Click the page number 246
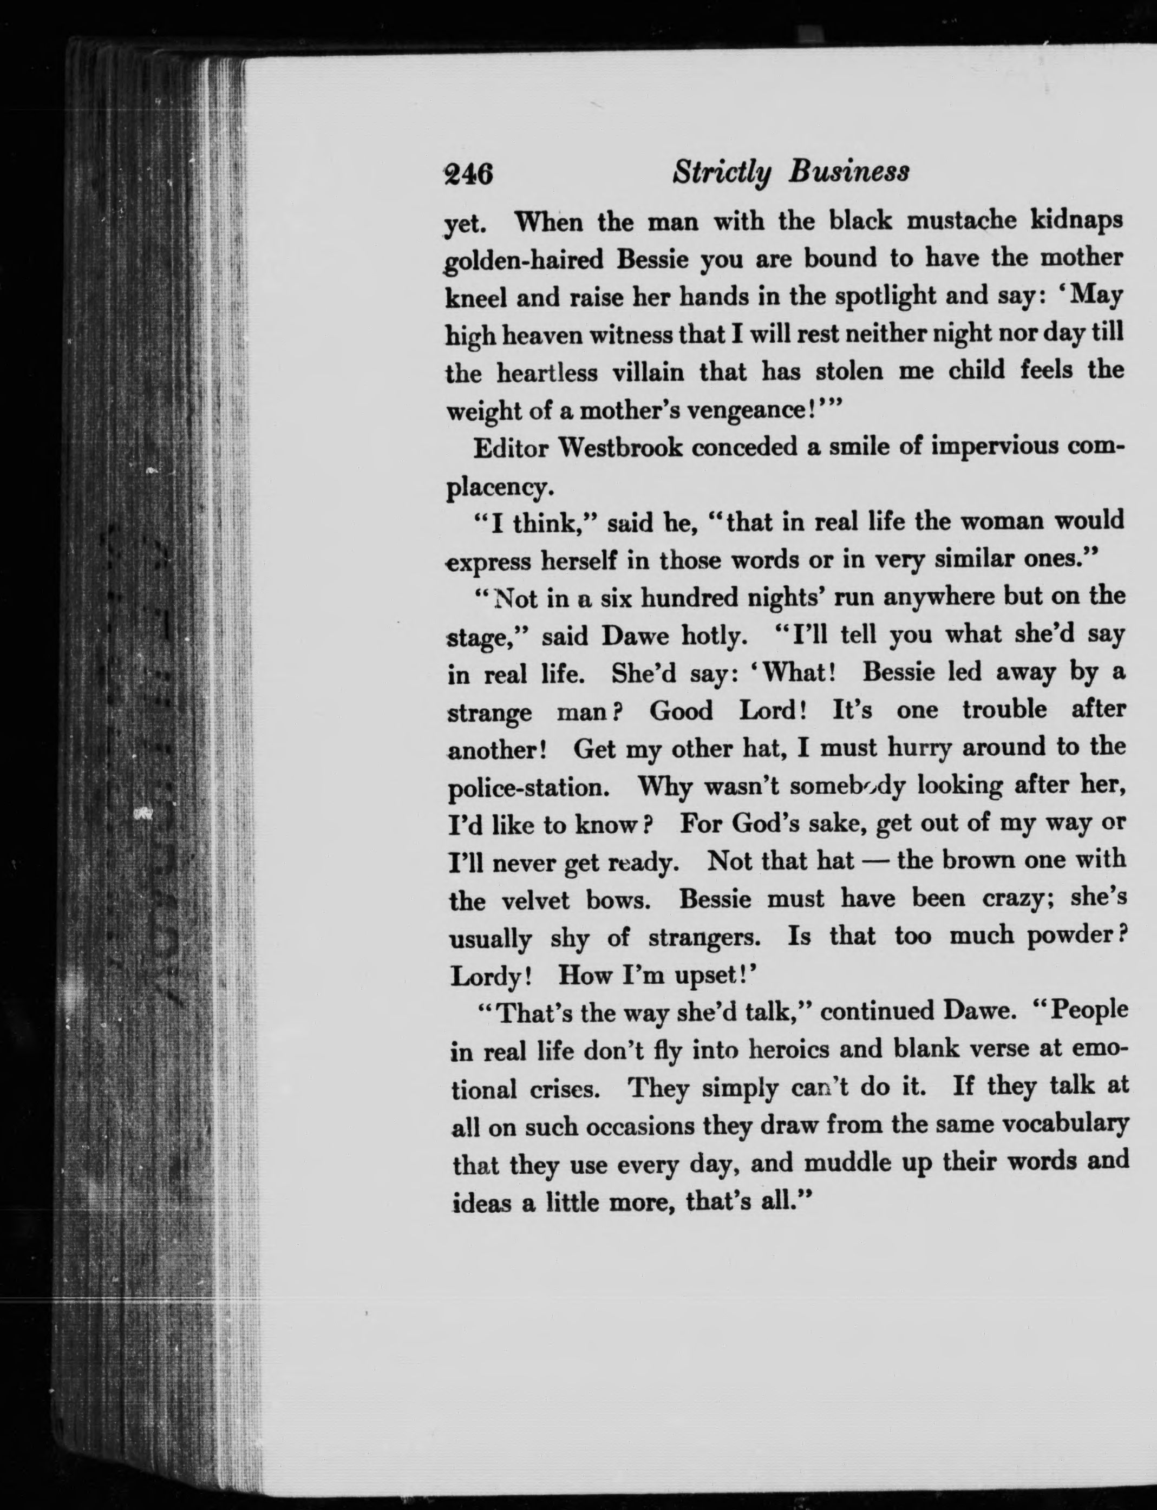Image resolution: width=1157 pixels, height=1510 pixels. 468,173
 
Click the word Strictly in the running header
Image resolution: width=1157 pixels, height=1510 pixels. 721,172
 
